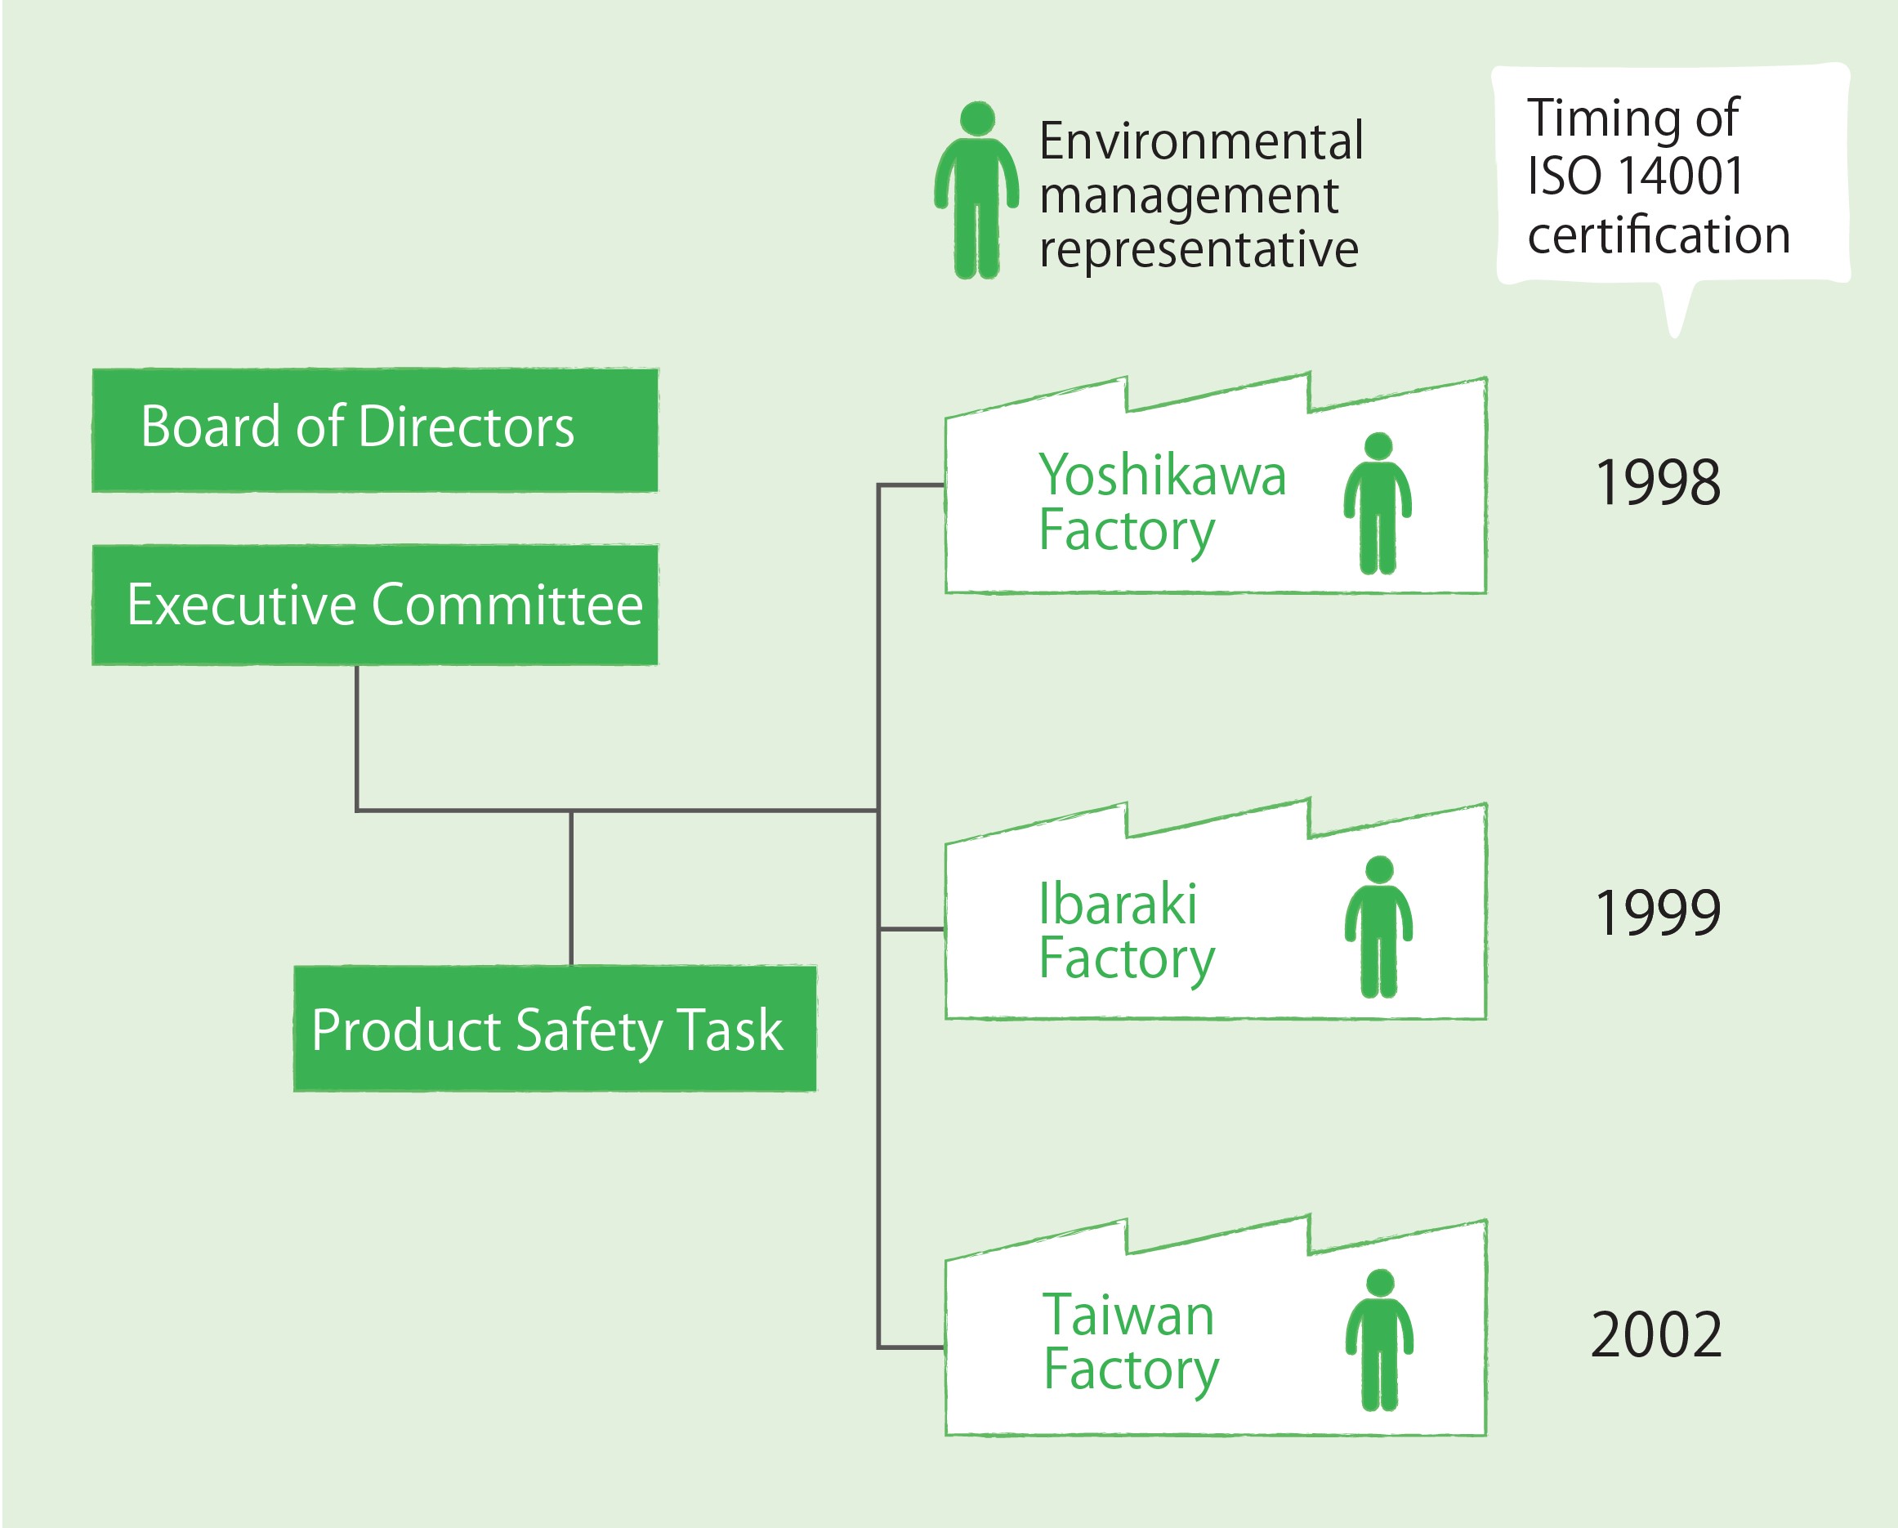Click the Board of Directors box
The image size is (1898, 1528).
pos(374,430)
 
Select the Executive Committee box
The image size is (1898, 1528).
pos(374,605)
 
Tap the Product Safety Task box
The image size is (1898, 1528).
pos(554,1029)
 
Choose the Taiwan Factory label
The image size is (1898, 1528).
pos(1129,1343)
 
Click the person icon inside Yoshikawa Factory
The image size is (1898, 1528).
pos(1377,503)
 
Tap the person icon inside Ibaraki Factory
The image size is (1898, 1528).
pos(1378,927)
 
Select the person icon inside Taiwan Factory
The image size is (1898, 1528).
pos(1378,1339)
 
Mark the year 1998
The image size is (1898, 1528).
pos(1657,482)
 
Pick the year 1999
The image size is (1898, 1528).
pos(1657,913)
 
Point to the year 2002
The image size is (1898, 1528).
pos(1656,1335)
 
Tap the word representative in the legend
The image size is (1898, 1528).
pos(1198,251)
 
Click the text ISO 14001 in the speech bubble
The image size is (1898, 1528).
pos(1635,175)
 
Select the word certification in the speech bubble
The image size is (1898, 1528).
pos(1659,235)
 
